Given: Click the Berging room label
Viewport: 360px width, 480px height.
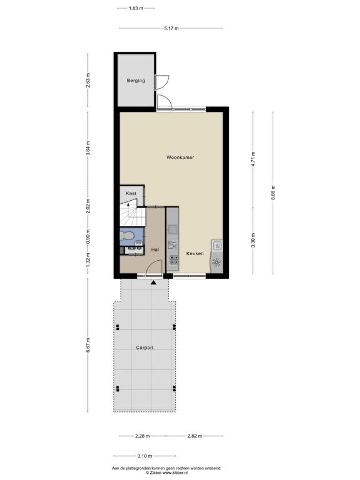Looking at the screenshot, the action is (136, 80).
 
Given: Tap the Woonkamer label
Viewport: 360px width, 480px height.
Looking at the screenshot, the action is (180, 157).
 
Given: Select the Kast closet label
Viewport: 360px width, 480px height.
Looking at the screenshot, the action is (131, 193).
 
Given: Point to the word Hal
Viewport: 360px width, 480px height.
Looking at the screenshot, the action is (155, 250).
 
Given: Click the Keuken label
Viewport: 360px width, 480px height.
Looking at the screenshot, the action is (195, 253).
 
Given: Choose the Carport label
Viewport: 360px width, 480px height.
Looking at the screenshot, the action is (145, 347).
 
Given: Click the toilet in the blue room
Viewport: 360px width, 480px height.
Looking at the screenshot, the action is (127, 236).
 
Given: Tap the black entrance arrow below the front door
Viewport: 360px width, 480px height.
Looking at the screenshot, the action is (153, 283).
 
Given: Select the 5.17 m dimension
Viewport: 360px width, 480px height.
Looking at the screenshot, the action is (171, 28).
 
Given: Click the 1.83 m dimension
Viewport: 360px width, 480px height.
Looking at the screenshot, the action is (136, 8).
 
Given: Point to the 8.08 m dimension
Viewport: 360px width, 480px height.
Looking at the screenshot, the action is (273, 192).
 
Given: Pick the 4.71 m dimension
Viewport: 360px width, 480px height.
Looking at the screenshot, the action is (253, 159).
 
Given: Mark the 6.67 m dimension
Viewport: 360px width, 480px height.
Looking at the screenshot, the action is (88, 345).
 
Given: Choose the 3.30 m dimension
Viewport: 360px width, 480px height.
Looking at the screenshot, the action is (253, 240).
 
